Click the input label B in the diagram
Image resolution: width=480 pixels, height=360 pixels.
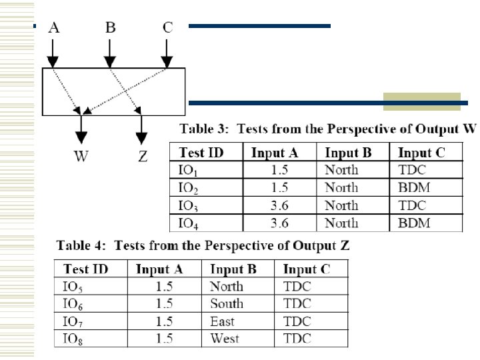tap(110, 27)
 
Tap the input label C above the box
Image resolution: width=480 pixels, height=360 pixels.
tap(167, 27)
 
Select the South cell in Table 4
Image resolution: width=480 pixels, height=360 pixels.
tap(227, 304)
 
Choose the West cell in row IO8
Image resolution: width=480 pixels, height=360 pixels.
tap(225, 339)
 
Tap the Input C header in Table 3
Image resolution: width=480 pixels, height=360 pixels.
tap(421, 153)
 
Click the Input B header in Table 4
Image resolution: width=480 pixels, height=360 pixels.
tap(233, 269)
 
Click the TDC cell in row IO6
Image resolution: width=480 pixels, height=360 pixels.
tap(297, 304)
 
